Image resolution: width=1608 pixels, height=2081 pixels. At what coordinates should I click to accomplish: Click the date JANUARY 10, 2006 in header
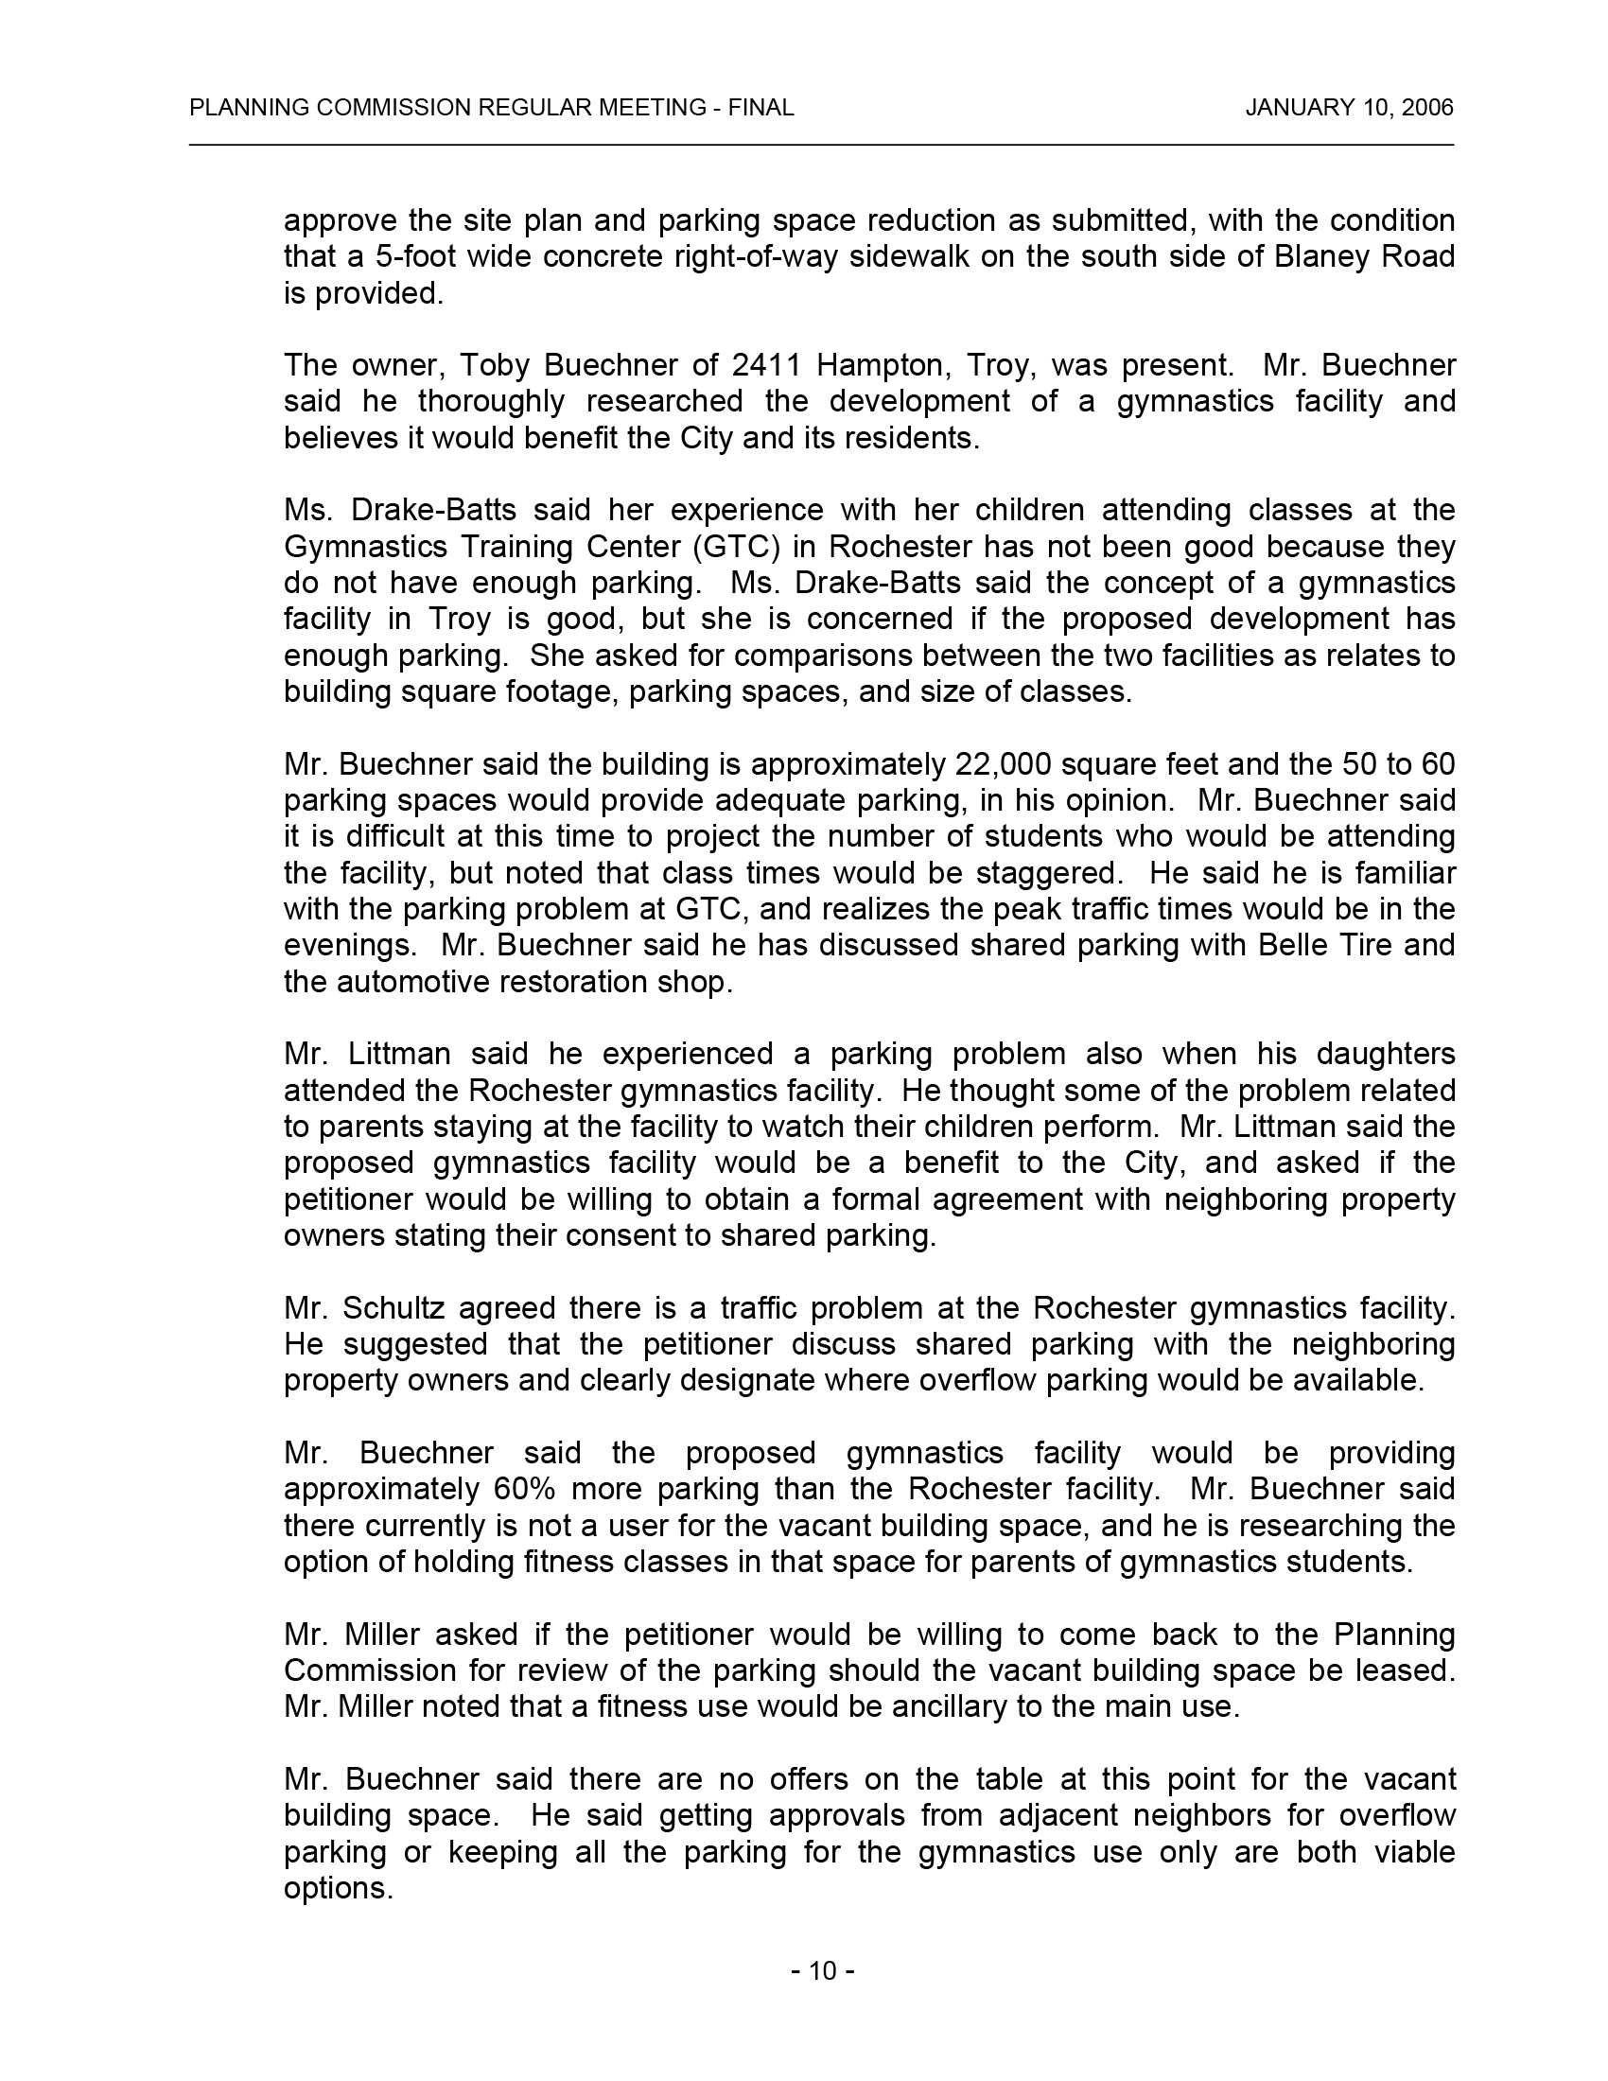coord(1349,108)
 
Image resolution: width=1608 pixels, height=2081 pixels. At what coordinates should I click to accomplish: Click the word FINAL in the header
coord(761,108)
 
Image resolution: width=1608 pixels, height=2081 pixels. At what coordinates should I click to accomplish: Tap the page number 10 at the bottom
coord(822,1970)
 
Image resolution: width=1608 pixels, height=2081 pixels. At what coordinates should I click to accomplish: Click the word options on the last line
coord(339,1888)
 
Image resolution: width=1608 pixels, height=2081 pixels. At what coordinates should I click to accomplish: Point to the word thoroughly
coord(491,401)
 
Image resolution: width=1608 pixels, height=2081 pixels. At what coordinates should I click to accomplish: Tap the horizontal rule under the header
coord(821,145)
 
